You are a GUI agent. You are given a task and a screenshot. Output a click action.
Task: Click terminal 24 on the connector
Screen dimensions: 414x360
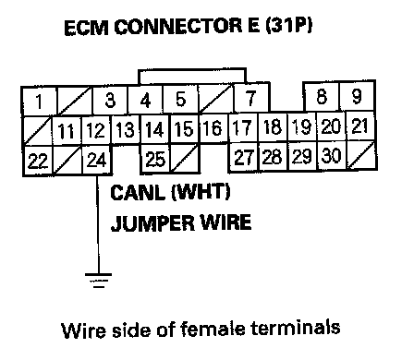click(x=97, y=161)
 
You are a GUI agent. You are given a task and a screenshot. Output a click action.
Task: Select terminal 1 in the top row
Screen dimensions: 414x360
click(x=39, y=101)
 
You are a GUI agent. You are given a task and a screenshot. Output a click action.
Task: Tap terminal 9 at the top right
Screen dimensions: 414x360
click(x=358, y=96)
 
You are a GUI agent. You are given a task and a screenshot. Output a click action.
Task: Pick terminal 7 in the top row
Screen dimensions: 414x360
click(x=251, y=98)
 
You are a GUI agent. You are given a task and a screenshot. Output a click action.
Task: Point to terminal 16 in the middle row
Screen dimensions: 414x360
click(x=213, y=128)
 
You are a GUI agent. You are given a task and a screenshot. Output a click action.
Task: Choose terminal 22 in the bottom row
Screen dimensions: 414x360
click(x=38, y=161)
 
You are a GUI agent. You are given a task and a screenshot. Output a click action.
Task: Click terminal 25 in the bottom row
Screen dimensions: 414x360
click(x=155, y=159)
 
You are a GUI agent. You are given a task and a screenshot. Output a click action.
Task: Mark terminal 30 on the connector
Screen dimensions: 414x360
click(x=332, y=156)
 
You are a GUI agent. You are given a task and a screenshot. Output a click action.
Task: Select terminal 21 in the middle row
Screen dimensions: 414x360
click(x=360, y=126)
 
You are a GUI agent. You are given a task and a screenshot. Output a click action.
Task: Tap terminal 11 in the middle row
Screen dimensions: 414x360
click(x=67, y=131)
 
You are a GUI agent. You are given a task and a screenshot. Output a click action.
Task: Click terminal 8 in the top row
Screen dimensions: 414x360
click(x=322, y=96)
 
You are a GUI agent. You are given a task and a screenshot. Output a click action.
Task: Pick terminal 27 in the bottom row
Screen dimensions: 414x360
click(x=243, y=157)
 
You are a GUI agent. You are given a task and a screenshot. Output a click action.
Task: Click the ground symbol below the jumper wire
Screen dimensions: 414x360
click(x=99, y=281)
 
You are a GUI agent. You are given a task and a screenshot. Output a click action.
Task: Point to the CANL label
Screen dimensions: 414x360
click(x=138, y=193)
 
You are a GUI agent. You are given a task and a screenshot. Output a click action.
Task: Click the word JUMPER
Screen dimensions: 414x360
click(x=152, y=223)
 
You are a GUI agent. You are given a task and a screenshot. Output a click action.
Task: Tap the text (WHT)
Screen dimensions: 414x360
click(x=201, y=193)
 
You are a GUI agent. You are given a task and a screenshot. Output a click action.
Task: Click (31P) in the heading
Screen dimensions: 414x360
click(x=289, y=26)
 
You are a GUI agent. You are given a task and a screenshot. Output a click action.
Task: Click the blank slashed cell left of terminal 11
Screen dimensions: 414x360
click(x=38, y=130)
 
